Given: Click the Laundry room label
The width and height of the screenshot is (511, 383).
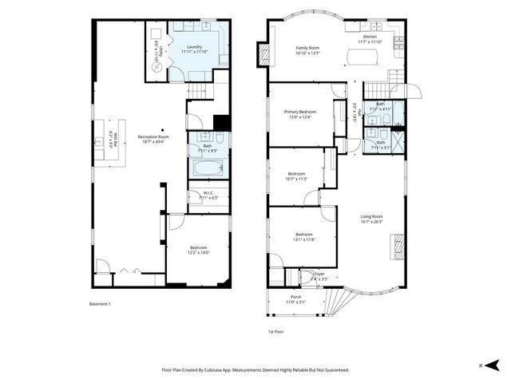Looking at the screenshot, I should click(194, 49).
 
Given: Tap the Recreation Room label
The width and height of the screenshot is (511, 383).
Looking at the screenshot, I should click(153, 139).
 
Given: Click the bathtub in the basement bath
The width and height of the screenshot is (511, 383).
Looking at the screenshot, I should click(208, 168).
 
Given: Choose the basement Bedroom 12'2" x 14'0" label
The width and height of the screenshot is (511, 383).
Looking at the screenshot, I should click(199, 250).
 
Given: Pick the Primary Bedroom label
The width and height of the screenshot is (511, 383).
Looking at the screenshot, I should click(300, 114).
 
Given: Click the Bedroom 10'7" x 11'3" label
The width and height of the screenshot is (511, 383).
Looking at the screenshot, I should click(296, 176).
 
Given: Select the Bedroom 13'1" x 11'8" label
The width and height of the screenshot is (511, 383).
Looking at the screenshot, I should click(304, 237).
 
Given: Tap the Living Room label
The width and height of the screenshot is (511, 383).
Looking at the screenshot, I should click(371, 219).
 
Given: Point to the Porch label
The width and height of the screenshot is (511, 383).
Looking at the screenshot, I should click(295, 299).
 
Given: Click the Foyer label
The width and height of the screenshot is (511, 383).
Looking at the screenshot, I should click(319, 276).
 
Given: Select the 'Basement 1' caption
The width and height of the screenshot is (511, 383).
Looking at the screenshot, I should click(99, 304).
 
